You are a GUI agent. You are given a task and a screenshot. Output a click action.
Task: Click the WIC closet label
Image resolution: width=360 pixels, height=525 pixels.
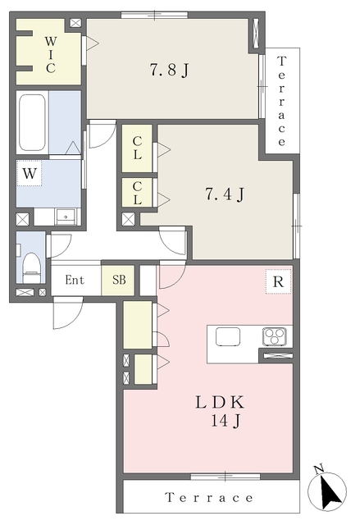tap(51, 55)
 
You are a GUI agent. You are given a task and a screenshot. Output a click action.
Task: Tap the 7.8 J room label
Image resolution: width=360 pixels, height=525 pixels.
tap(169, 71)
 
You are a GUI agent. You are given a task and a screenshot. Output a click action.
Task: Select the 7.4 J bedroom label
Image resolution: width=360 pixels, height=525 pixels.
tap(225, 194)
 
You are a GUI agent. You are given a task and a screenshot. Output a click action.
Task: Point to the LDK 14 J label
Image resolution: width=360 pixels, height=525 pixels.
tap(221, 411)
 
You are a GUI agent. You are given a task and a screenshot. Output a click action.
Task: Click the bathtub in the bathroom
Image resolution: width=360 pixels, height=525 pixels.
tap(32, 122)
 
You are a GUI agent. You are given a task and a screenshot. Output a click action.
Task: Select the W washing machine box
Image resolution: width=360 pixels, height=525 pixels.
tap(30, 173)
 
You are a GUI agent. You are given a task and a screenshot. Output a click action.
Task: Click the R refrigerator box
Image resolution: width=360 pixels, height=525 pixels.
tap(278, 281)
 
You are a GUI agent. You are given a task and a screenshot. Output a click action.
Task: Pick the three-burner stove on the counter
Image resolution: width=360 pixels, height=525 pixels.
tap(275, 336)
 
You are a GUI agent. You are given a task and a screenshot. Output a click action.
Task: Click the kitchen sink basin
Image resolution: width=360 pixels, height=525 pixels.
tap(228, 336)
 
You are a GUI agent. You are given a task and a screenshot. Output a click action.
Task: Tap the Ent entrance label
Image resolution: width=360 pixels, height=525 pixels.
tap(75, 280)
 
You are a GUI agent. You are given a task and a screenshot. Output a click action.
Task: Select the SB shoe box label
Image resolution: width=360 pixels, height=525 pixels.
tap(119, 280)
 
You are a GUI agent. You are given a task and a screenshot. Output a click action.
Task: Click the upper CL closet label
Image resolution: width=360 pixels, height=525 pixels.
tap(137, 148)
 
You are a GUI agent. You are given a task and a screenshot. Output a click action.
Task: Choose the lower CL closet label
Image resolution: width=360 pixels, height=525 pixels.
tap(137, 194)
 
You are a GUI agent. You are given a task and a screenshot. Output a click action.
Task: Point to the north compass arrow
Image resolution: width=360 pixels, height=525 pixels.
tap(329, 491)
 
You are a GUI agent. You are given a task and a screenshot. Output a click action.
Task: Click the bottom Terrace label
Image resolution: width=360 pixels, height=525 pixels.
tap(209, 498)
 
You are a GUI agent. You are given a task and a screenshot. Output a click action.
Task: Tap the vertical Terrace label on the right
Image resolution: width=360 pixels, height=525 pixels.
tap(282, 101)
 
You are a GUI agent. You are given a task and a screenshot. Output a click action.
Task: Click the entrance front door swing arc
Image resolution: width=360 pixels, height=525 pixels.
tap(74, 318)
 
